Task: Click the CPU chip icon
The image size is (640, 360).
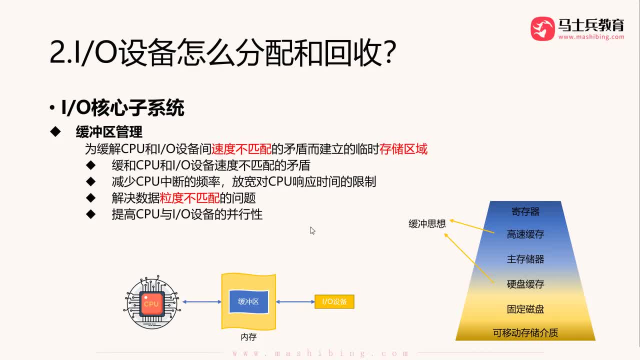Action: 151,303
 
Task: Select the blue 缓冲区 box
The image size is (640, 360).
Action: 248,301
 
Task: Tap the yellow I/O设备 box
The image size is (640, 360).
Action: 334,301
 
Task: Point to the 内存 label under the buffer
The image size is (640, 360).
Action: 248,337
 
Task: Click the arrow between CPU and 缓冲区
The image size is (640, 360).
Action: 202,301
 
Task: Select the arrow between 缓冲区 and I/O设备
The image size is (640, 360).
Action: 295,301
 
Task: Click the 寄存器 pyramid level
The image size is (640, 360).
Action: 525,211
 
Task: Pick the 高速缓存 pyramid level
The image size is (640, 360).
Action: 525,234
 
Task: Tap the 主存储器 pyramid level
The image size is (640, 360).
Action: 525,259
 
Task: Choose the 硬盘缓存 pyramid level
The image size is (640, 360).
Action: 525,284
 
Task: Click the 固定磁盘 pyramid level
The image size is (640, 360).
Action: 525,309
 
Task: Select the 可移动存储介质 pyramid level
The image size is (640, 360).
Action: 525,332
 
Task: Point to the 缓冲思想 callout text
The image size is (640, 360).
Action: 427,223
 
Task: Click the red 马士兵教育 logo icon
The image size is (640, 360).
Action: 542,28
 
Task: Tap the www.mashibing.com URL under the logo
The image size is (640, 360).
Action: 591,37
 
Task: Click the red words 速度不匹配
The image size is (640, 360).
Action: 241,149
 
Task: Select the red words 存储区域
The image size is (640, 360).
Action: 403,149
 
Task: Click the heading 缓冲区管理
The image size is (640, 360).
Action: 109,131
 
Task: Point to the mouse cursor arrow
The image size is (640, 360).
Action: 312,230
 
